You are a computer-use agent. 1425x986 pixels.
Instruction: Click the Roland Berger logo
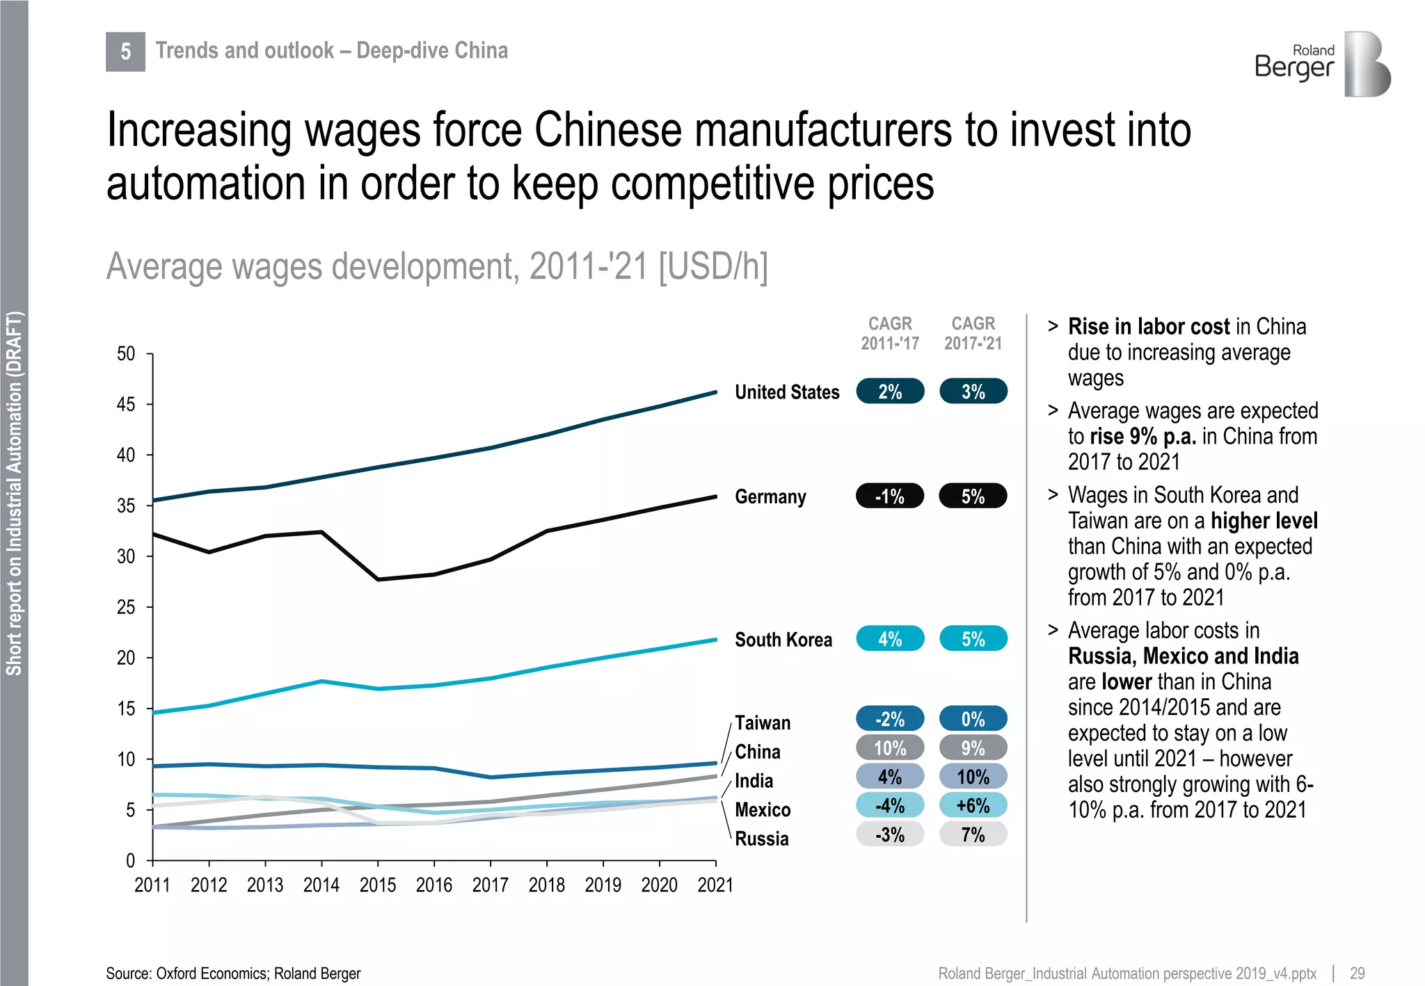1322,64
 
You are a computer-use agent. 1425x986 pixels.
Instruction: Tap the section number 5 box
125,51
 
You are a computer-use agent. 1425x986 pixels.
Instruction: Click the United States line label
787,392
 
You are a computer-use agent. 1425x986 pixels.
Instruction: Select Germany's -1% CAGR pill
890,496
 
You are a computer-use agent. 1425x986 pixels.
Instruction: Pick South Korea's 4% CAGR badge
890,639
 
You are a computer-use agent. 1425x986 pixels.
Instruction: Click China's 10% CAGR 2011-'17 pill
890,748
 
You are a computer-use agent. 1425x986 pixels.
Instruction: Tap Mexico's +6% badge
973,806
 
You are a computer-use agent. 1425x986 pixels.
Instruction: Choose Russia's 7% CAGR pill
973,834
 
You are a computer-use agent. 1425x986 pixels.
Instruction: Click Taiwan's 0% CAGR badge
973,719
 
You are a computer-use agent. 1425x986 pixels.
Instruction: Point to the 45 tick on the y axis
126,404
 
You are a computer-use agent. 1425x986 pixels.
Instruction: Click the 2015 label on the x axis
377,885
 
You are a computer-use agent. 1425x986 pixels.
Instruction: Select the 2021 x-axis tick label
715,885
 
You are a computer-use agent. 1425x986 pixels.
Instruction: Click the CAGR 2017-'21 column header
973,333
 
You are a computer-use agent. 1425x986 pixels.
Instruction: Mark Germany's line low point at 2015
378,579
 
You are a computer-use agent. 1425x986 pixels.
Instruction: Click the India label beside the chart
754,781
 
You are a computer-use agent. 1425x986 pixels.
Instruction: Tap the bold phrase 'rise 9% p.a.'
1143,437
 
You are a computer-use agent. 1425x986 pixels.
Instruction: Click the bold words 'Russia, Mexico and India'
1183,656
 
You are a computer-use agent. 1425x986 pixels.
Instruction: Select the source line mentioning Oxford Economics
233,973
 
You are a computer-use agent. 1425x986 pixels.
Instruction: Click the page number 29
1357,973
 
